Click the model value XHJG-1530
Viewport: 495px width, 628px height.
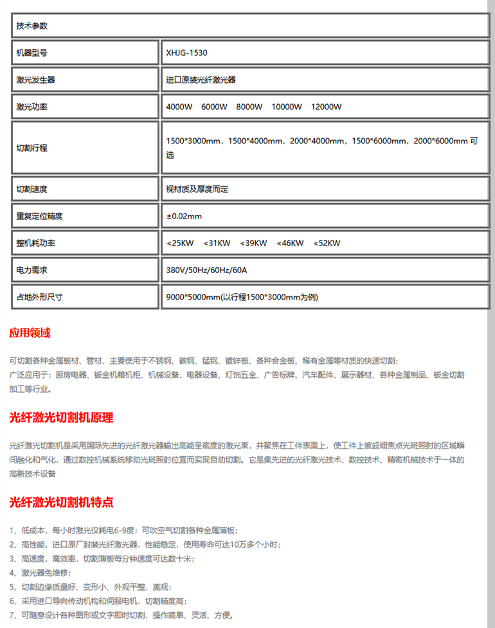pyautogui.click(x=186, y=53)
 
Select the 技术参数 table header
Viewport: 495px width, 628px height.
pyautogui.click(x=32, y=26)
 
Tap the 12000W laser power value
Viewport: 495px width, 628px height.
pyautogui.click(x=326, y=107)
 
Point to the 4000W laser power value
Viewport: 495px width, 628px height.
pyautogui.click(x=179, y=107)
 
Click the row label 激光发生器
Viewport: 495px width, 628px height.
pyautogui.click(x=35, y=80)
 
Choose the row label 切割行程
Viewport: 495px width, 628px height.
pyautogui.click(x=32, y=148)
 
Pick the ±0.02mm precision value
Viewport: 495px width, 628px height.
pyautogui.click(x=184, y=217)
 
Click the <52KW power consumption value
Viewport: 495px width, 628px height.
pyautogui.click(x=327, y=244)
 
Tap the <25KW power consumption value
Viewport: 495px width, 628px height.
pyautogui.click(x=180, y=244)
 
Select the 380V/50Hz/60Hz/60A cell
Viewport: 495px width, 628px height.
pyautogui.click(x=206, y=271)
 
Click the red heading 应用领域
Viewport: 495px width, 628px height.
pyautogui.click(x=30, y=333)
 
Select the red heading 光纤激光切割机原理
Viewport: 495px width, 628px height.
pyautogui.click(x=61, y=418)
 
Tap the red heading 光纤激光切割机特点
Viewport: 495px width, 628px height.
pyautogui.click(x=61, y=503)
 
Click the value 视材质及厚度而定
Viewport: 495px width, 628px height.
pyautogui.click(x=197, y=190)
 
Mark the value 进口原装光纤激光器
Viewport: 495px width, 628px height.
pyautogui.click(x=201, y=80)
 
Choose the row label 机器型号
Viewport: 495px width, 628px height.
pyautogui.click(x=32, y=53)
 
